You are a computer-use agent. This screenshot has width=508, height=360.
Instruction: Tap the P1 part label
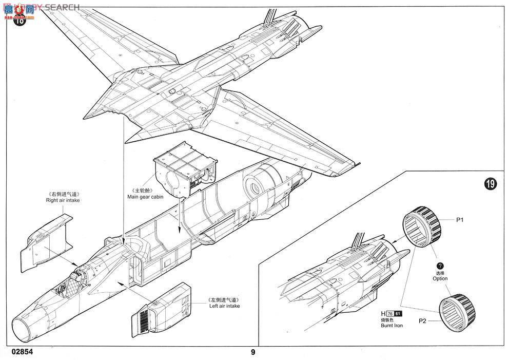point(460,219)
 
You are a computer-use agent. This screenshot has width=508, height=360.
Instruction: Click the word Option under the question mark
point(440,278)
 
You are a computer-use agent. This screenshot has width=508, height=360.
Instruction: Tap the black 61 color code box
point(399,314)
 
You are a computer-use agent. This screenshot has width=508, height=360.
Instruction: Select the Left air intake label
point(224,306)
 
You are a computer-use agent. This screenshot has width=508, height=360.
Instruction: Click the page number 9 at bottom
point(253,352)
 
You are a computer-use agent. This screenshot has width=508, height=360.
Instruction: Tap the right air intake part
point(47,238)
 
